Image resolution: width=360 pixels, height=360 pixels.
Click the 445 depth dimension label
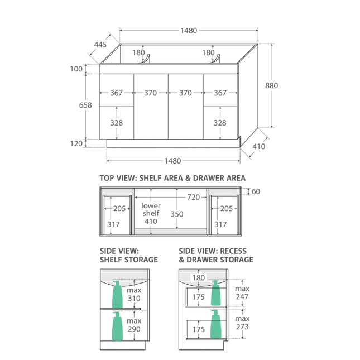pos(100,44)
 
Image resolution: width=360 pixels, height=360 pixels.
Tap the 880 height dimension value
pos(272,85)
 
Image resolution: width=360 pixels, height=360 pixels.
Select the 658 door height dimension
pos(85,105)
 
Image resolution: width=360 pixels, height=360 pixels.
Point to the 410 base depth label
pos(259,146)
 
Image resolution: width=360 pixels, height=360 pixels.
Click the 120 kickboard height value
pos(76,143)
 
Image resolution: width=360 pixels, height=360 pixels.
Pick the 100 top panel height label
pos(76,69)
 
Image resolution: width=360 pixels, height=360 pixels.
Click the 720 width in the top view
pos(193,197)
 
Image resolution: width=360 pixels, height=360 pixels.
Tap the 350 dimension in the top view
pos(177,214)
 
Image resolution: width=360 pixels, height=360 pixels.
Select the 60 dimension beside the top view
pos(256,191)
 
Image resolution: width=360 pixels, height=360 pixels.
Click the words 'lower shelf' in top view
pos(151,209)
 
